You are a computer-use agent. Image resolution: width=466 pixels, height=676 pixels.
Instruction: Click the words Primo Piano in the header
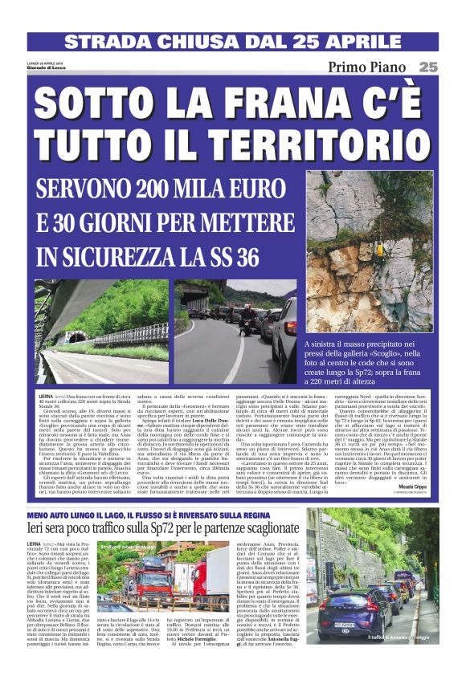pos(369,68)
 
